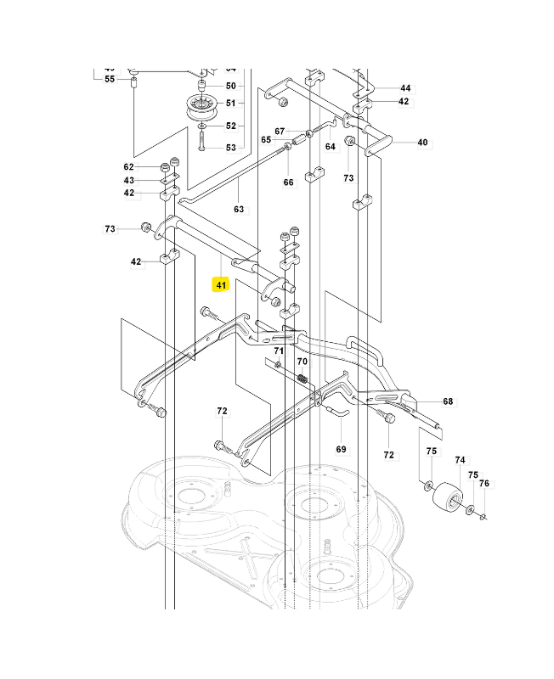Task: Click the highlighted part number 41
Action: tap(221, 285)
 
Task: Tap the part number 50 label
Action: tap(231, 86)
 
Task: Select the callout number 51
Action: tap(231, 104)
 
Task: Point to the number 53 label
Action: tap(231, 148)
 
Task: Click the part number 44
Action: tap(404, 88)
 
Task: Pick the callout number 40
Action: tap(422, 143)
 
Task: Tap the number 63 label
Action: tap(239, 209)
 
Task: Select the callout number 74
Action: tap(461, 460)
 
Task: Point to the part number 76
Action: tap(484, 484)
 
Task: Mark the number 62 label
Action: tap(129, 167)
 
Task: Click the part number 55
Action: tap(110, 79)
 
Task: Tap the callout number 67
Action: tap(280, 131)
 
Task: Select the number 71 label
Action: tap(278, 351)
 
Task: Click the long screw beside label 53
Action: tap(202, 137)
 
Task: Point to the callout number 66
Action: tap(288, 182)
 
